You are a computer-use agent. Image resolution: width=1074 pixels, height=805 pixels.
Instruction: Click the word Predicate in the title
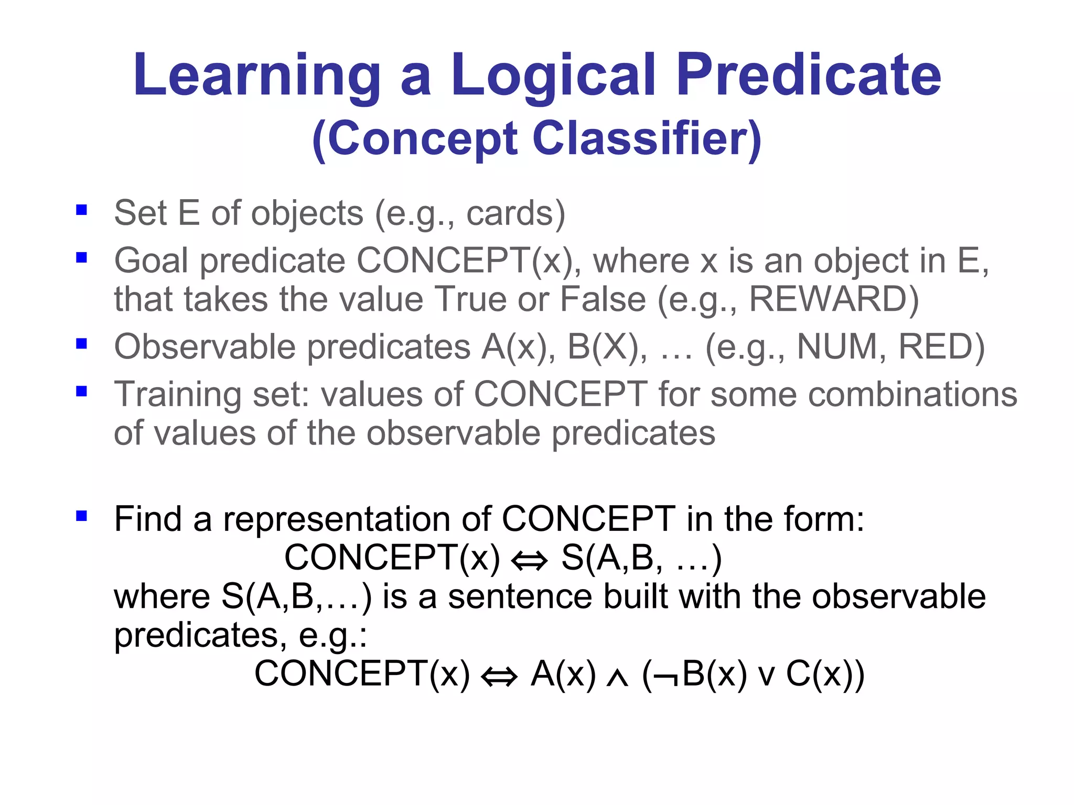point(808,76)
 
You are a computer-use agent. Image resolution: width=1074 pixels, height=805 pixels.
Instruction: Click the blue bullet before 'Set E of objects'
point(81,210)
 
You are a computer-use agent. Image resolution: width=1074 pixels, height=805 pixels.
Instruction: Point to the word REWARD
point(833,299)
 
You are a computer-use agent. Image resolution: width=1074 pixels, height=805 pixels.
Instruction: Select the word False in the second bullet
point(603,299)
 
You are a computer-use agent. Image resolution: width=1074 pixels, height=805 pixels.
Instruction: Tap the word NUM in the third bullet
point(837,347)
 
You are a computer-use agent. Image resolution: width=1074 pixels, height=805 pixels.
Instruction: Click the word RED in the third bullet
point(941,347)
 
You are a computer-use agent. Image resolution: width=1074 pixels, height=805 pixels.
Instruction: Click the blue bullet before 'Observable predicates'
point(81,344)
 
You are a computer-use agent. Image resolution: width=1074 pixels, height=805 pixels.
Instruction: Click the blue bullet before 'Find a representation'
point(81,516)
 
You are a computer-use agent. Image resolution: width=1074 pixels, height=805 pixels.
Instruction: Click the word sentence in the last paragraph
point(520,597)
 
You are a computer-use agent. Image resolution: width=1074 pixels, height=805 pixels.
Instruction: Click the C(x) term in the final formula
point(824,674)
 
